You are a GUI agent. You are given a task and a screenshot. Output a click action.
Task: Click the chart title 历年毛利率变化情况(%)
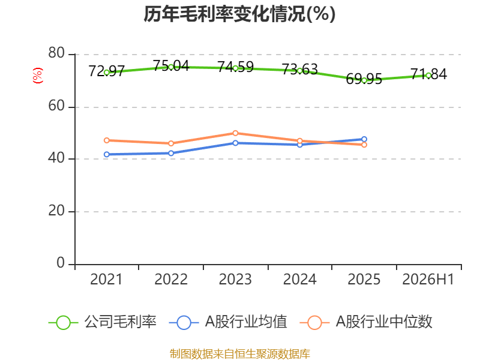[x=239, y=14]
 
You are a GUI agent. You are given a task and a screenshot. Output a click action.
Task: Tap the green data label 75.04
[x=171, y=65]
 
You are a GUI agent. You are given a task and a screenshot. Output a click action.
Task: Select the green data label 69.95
[x=364, y=79]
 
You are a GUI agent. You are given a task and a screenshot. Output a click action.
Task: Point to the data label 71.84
[x=428, y=74]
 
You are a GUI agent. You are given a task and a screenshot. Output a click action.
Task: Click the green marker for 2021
[x=107, y=73]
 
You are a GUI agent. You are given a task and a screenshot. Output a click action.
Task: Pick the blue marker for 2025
[x=364, y=139]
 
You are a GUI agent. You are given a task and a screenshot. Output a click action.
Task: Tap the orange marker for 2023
[x=235, y=133]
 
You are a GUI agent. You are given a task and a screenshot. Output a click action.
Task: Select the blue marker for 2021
[x=107, y=154]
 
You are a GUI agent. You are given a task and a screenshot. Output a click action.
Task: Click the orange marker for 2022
[x=171, y=143]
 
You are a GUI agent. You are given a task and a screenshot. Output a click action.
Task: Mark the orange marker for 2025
[x=364, y=145]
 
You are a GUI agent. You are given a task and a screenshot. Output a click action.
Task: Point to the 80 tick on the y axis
[x=56, y=53]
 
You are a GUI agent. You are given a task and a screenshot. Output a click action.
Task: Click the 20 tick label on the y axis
[x=56, y=211]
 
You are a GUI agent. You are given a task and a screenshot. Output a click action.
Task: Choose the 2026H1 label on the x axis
[x=428, y=279]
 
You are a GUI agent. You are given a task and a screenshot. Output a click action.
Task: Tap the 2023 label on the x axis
[x=235, y=279]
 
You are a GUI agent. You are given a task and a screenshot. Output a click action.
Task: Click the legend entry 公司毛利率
[x=103, y=322]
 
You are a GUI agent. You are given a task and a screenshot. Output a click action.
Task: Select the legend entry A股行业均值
[x=228, y=322]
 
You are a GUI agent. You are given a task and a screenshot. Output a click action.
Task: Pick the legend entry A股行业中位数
[x=366, y=322]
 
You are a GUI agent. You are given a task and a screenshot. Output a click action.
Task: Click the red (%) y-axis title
[x=38, y=76]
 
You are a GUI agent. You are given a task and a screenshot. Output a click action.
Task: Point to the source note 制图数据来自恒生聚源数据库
[x=240, y=354]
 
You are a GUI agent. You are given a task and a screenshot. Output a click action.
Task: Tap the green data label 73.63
[x=299, y=70]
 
